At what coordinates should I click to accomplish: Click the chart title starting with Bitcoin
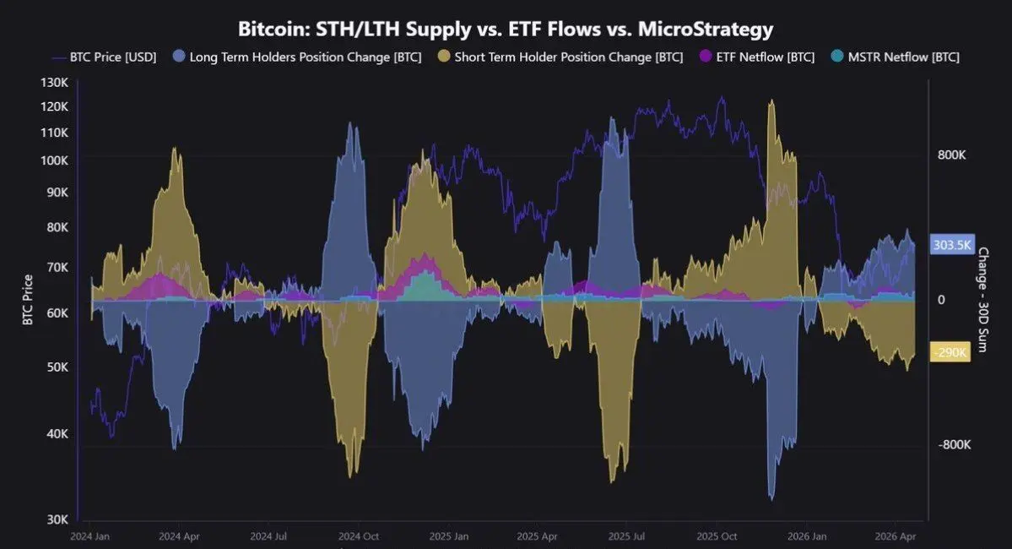pyautogui.click(x=506, y=30)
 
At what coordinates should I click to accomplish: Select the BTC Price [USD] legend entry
pyautogui.click(x=104, y=57)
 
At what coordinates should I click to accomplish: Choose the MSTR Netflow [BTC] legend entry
pyautogui.click(x=896, y=57)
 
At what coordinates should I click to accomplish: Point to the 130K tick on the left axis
pyautogui.click(x=54, y=83)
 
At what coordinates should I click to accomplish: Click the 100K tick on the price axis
pyautogui.click(x=54, y=160)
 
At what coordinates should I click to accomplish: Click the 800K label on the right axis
pyautogui.click(x=953, y=155)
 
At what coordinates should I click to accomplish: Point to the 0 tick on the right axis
pyautogui.click(x=941, y=300)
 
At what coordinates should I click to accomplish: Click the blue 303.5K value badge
pyautogui.click(x=951, y=245)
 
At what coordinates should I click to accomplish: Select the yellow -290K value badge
pyautogui.click(x=950, y=352)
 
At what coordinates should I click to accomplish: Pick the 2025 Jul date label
pyautogui.click(x=628, y=536)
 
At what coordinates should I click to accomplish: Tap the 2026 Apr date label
pyautogui.click(x=897, y=536)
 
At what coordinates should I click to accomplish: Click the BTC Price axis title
pyautogui.click(x=28, y=301)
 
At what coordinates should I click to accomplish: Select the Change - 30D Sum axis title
pyautogui.click(x=984, y=300)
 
